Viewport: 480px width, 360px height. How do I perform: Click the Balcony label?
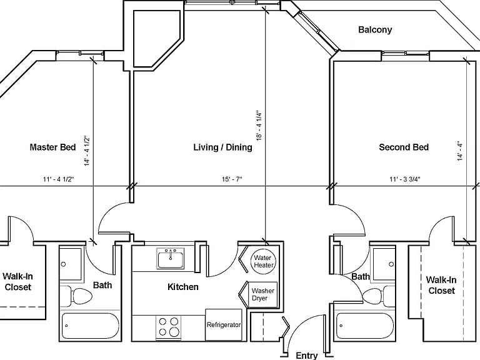coord(375,30)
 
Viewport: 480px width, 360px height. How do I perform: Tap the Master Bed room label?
coord(52,147)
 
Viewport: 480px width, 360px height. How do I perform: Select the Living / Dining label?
coord(223,147)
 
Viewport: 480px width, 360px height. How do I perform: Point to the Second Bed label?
coord(404,147)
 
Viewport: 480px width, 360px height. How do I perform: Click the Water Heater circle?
coord(263,261)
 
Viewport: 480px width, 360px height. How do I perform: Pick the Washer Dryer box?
coord(263,294)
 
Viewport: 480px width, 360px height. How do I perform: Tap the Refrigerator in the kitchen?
coord(224,324)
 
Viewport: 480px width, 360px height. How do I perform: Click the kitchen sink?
coord(171,258)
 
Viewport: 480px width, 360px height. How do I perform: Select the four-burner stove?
coord(168,327)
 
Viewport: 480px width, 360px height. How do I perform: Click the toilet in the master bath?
coord(76,296)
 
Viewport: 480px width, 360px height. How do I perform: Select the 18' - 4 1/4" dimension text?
coord(259,126)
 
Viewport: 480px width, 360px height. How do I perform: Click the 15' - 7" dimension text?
coord(232,179)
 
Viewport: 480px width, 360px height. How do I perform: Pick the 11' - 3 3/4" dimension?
coord(405,179)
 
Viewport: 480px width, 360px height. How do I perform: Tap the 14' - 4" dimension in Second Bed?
coord(460,151)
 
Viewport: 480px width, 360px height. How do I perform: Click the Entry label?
coord(307,356)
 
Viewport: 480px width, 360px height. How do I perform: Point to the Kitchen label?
coord(183,287)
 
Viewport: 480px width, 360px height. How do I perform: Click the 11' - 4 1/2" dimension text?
coord(59,179)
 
